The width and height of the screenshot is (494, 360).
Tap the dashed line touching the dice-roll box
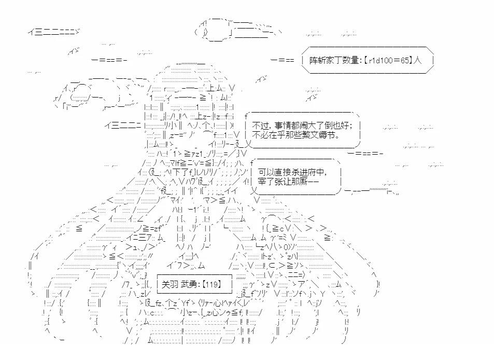[283, 61]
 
